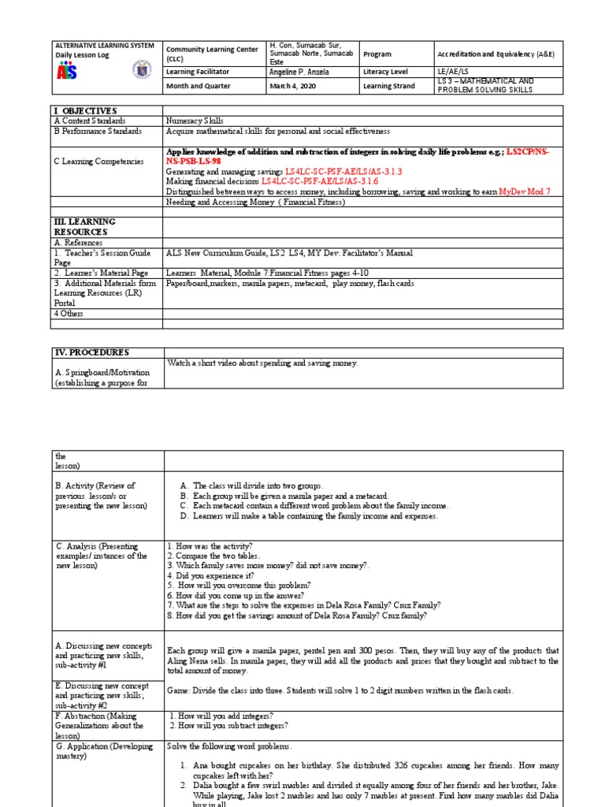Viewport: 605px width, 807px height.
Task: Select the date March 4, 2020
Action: click(x=292, y=86)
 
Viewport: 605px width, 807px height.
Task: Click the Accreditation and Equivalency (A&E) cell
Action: click(x=497, y=54)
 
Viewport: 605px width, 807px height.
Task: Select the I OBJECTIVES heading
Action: click(x=85, y=111)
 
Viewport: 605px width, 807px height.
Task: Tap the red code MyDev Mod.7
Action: click(x=524, y=192)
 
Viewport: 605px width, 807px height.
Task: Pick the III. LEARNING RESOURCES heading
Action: click(x=84, y=227)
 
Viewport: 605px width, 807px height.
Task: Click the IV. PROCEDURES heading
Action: click(x=91, y=352)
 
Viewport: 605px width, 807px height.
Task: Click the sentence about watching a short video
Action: click(x=262, y=363)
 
